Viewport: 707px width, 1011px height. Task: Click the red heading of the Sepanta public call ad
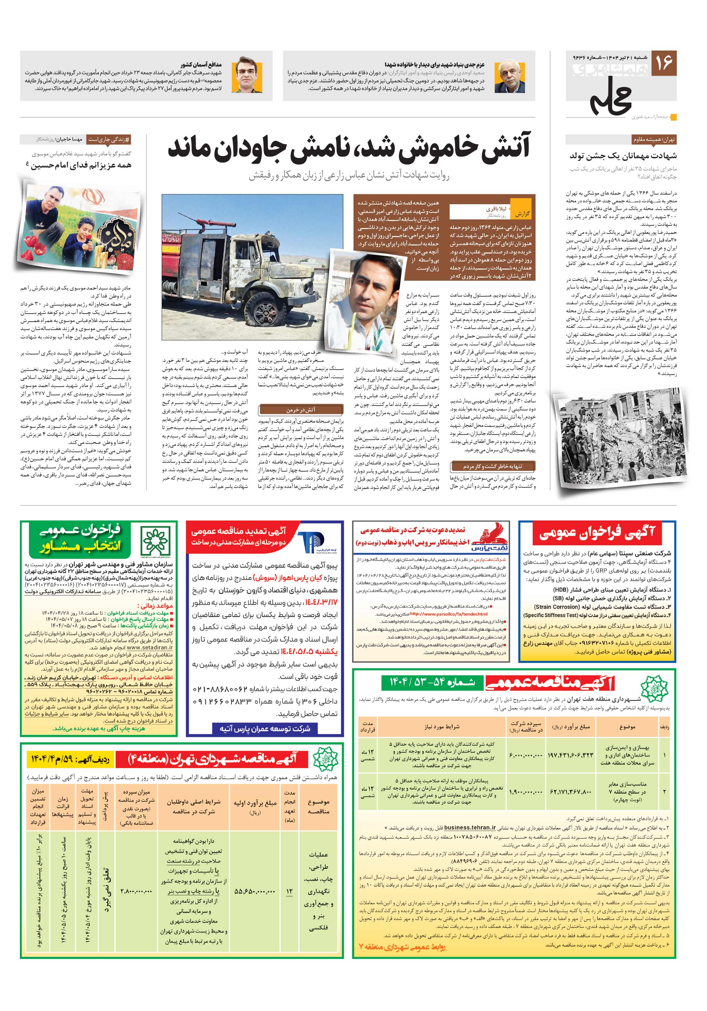pyautogui.click(x=597, y=534)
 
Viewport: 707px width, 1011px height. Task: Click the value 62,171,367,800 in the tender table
pyautogui.click(x=571, y=792)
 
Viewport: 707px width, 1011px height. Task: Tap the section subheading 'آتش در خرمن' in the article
pyautogui.click(x=300, y=410)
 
